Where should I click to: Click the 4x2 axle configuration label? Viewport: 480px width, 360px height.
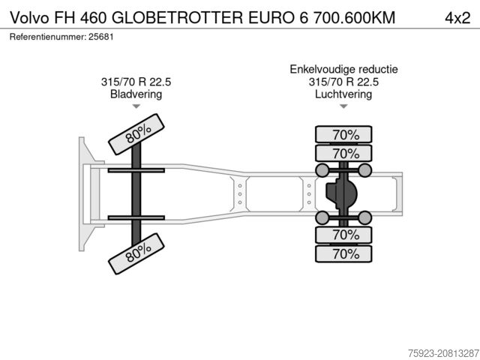(457, 18)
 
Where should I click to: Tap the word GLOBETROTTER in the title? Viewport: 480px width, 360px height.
(177, 18)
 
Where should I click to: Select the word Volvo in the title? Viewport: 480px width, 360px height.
(30, 18)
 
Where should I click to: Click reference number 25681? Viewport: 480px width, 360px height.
(101, 37)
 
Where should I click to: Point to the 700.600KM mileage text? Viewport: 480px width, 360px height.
(355, 18)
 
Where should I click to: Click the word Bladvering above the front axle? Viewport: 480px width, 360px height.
(136, 94)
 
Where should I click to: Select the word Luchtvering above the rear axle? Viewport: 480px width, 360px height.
(343, 94)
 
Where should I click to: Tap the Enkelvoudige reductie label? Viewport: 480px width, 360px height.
(343, 69)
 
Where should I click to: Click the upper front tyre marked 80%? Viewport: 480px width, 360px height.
(136, 134)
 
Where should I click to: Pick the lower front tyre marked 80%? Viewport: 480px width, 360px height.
(136, 253)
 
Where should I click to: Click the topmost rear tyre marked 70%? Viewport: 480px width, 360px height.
(343, 134)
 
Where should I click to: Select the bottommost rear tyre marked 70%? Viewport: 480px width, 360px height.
(343, 253)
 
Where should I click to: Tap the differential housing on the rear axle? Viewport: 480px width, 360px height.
(341, 194)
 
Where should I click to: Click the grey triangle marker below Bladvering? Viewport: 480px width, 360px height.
(136, 106)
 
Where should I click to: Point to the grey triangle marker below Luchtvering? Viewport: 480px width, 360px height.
(343, 106)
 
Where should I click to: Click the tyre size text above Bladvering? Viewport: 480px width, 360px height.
(136, 82)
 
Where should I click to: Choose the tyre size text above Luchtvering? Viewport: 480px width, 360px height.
(343, 82)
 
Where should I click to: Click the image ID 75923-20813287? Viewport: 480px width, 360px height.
(443, 353)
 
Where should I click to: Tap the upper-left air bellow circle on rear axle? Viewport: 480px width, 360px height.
(322, 170)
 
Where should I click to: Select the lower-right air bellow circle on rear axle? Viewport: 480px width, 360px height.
(365, 217)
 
